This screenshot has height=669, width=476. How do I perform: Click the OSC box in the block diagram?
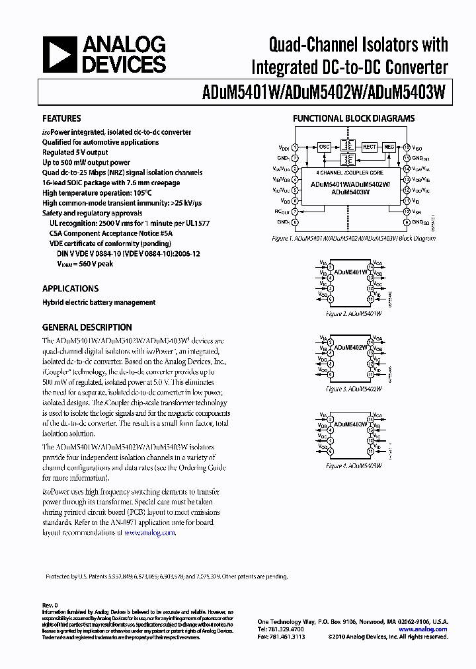[x=324, y=147]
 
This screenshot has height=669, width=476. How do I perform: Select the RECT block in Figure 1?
[x=370, y=147]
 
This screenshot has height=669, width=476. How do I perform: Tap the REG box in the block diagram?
[x=389, y=147]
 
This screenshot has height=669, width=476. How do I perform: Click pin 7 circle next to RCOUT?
[x=295, y=212]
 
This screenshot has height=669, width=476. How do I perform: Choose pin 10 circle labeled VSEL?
[x=407, y=212]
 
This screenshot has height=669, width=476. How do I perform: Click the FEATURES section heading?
[x=61, y=119]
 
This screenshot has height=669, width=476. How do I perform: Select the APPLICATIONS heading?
[x=70, y=289]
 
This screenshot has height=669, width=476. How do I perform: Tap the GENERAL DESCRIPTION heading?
[x=87, y=327]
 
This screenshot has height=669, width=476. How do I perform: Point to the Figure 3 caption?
[x=354, y=389]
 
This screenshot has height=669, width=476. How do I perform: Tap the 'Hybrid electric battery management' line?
[x=99, y=303]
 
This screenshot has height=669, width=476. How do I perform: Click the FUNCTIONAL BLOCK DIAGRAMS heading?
[x=354, y=119]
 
